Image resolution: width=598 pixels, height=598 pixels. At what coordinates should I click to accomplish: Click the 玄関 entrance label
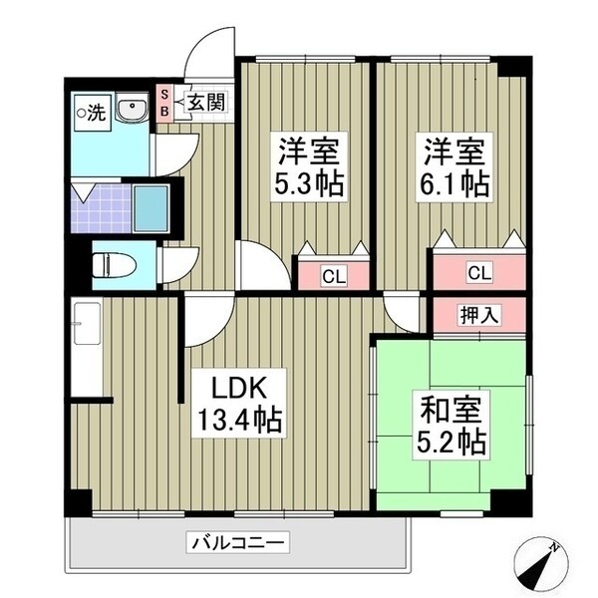tap(209, 102)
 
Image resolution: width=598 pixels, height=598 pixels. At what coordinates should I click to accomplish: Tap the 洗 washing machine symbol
tap(91, 113)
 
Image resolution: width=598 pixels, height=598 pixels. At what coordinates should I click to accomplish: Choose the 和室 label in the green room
tap(450, 409)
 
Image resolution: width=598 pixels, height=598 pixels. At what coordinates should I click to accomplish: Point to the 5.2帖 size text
tap(450, 441)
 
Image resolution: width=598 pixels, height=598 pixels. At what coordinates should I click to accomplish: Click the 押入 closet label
tap(478, 315)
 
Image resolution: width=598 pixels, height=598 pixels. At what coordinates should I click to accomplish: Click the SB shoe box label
tap(165, 102)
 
